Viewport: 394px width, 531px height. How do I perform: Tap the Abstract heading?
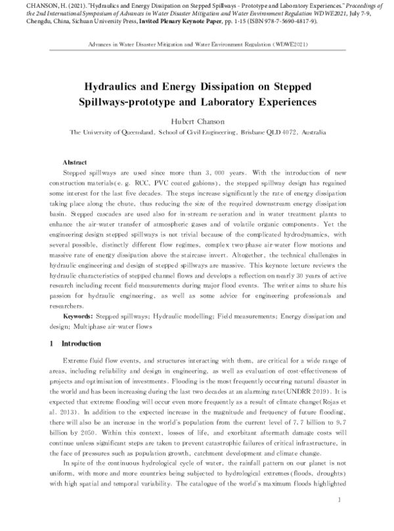point(75,161)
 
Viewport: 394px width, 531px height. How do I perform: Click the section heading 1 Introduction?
point(76,343)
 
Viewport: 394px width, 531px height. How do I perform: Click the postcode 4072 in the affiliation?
point(290,132)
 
